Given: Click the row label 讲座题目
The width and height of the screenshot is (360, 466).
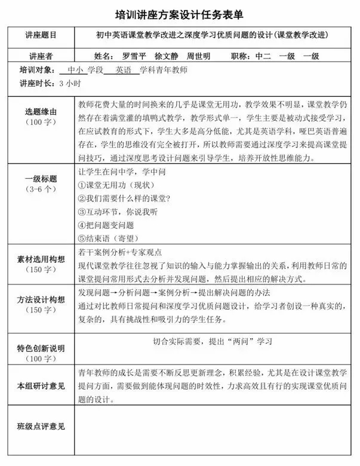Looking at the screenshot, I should point(41,35).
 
